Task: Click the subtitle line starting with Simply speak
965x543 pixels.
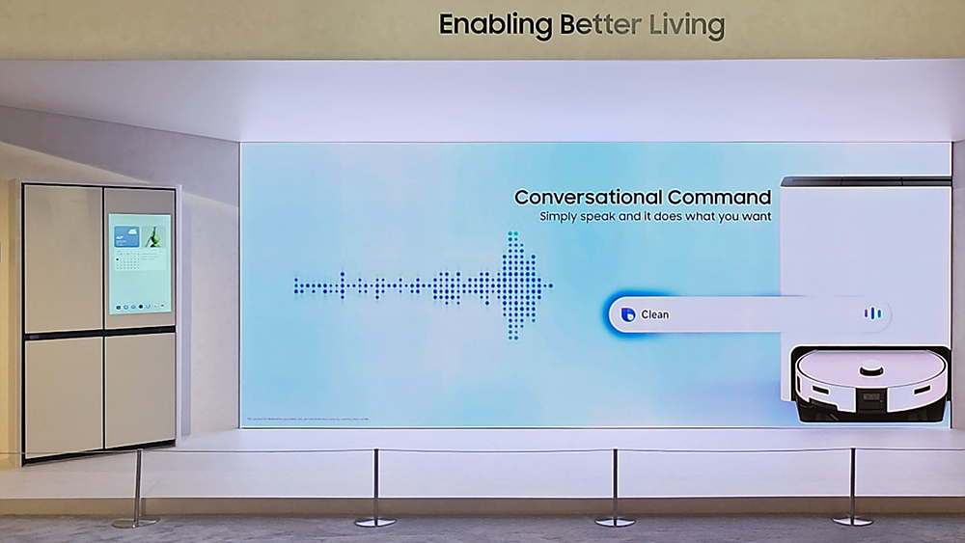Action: click(x=655, y=217)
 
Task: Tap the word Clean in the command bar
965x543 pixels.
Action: click(x=654, y=314)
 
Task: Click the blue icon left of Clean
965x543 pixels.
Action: click(x=628, y=314)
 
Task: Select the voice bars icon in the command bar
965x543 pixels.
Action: click(x=871, y=313)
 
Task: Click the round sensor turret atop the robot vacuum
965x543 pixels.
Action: click(x=871, y=367)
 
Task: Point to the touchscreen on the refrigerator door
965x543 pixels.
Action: click(x=139, y=262)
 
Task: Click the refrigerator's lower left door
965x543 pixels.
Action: click(x=64, y=394)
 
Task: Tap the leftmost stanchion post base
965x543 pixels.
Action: click(x=134, y=523)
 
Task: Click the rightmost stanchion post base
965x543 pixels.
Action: click(x=852, y=521)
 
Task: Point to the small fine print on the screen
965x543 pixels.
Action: click(x=307, y=420)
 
